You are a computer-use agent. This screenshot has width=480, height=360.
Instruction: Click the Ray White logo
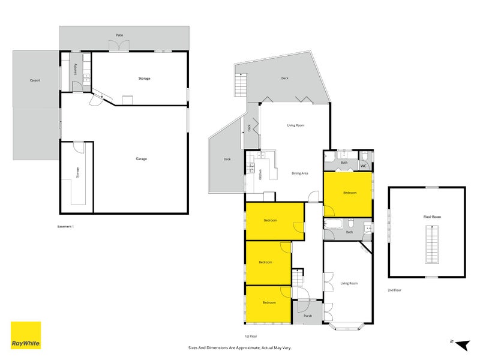pos(26,335)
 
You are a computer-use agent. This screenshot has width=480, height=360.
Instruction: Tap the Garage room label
pos(141,159)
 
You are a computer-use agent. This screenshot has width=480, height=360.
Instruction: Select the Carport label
pos(35,80)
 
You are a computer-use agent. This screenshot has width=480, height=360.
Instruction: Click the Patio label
pos(120,35)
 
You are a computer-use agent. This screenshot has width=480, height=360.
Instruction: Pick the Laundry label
pos(76,69)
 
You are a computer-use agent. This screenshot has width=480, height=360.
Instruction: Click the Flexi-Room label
pos(427,216)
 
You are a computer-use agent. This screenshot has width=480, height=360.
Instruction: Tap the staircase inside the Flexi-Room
pos(431,244)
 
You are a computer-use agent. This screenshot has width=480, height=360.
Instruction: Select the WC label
pos(364,166)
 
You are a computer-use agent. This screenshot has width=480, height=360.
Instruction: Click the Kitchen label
pos(260,175)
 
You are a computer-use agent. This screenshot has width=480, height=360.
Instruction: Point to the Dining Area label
pos(299,173)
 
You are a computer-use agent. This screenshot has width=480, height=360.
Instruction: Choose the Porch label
pos(308,316)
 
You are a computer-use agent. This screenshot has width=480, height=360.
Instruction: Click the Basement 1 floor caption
pos(65,226)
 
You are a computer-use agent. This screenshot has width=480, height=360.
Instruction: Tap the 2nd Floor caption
pos(395,290)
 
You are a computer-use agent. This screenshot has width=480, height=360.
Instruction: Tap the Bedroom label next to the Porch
pos(268,303)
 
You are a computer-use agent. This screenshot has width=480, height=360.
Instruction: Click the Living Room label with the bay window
pos(349,283)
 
